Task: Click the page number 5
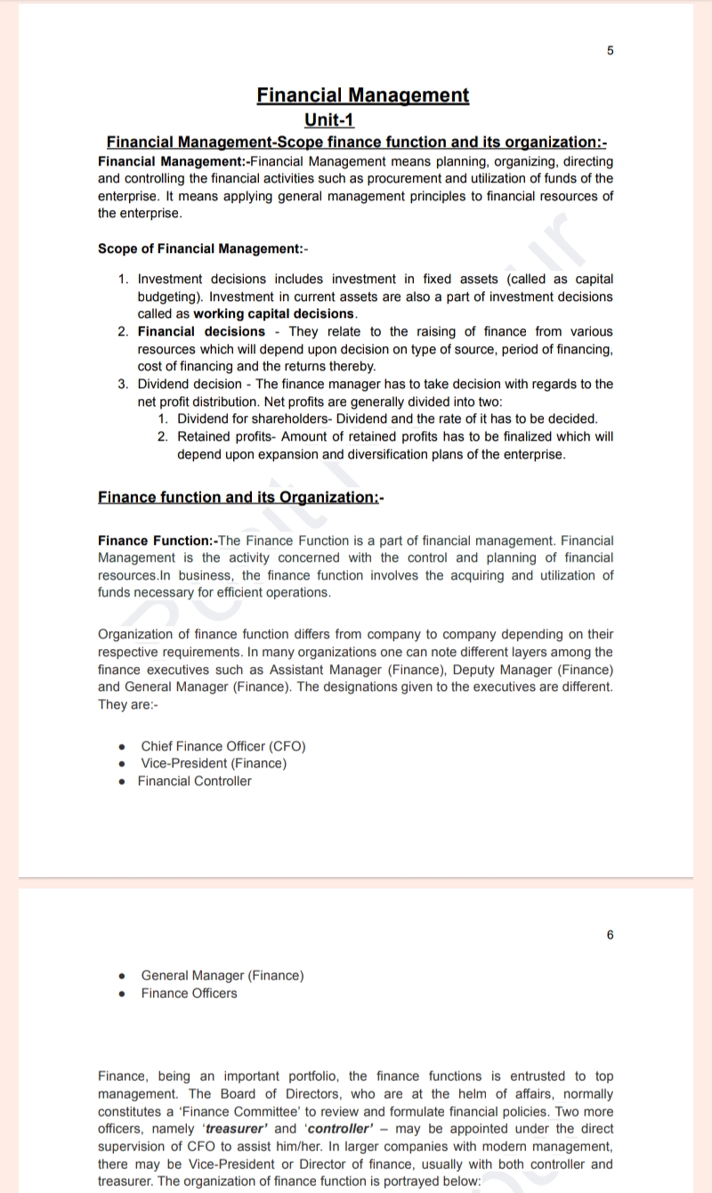610,51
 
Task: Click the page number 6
610,935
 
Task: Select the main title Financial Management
362,95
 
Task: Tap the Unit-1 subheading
329,119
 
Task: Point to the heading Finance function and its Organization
239,497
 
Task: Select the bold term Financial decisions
201,331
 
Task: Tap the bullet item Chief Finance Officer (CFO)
223,746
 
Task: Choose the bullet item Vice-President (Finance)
214,763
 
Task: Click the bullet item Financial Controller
194,781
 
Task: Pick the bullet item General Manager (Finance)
222,975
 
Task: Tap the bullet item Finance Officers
189,993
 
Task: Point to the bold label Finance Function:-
157,540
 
